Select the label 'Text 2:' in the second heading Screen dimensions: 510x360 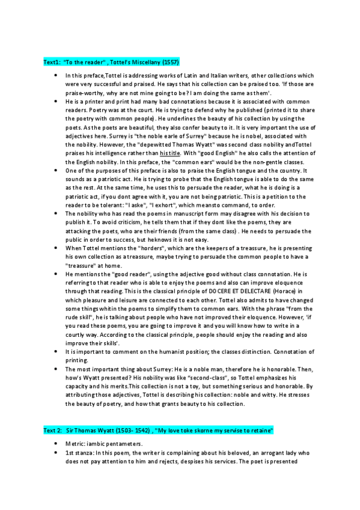point(53,431)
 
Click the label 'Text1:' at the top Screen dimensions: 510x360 point(52,62)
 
